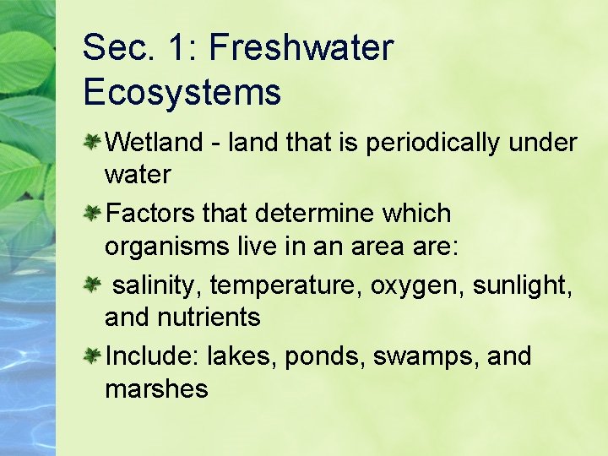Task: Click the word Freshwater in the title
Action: pos(301,48)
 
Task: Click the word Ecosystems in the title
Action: pos(182,91)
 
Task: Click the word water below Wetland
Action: pos(138,175)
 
